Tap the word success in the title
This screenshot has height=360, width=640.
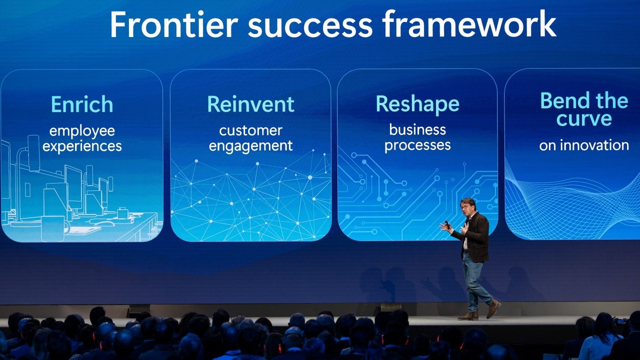[310, 27]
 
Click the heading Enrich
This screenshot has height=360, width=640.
[82, 104]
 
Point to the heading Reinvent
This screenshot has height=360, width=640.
[250, 104]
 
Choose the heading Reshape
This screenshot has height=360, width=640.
[417, 104]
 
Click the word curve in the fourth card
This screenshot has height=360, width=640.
[584, 118]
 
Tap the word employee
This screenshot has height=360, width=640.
[82, 131]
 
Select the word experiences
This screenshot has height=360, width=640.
[82, 146]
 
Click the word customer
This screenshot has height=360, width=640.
[250, 131]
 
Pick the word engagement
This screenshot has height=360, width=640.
[250, 146]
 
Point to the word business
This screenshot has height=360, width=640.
[417, 129]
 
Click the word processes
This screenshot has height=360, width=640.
[417, 145]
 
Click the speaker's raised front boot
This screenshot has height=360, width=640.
[493, 309]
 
